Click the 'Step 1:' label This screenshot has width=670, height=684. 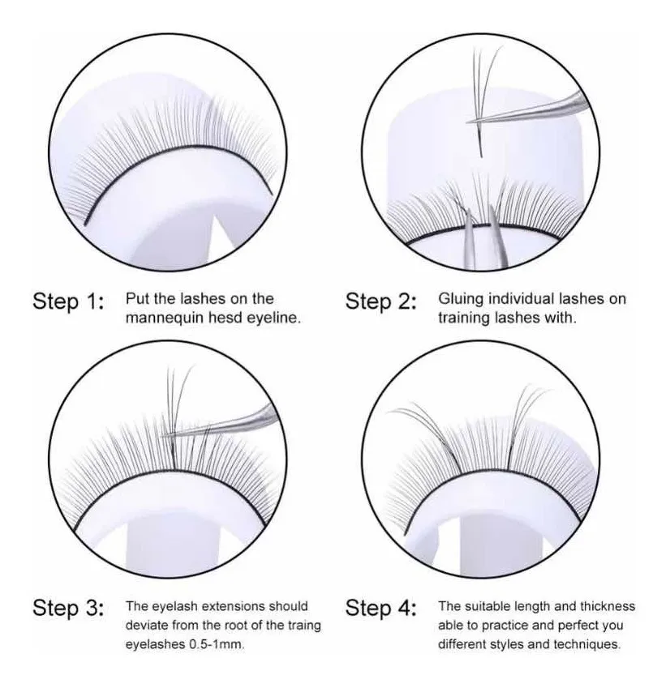(68, 301)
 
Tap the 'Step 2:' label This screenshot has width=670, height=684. (381, 301)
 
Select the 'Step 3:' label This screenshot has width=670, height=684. (68, 608)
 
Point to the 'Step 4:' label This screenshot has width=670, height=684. (381, 608)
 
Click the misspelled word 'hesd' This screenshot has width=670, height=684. (225, 318)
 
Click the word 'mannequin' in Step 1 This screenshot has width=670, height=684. (165, 318)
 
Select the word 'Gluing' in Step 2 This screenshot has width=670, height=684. (461, 300)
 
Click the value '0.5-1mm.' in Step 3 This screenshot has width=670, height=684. (217, 643)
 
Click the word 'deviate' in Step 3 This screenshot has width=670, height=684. (147, 625)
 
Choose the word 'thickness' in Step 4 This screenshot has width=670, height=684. (608, 606)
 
